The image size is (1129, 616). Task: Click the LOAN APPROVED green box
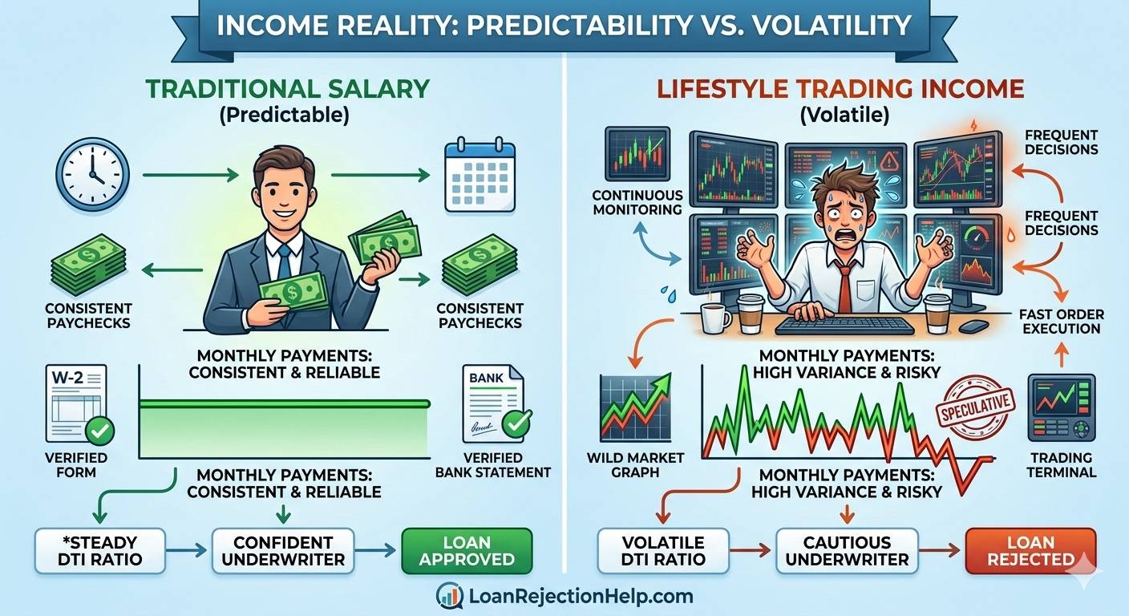[x=467, y=550]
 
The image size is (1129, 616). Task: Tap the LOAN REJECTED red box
[x=1030, y=550]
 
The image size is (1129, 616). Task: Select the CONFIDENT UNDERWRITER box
[x=283, y=550]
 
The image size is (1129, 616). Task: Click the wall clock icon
[x=92, y=174]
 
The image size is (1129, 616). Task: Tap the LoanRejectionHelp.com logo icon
[x=449, y=596]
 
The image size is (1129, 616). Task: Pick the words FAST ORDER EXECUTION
[x=1062, y=321]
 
